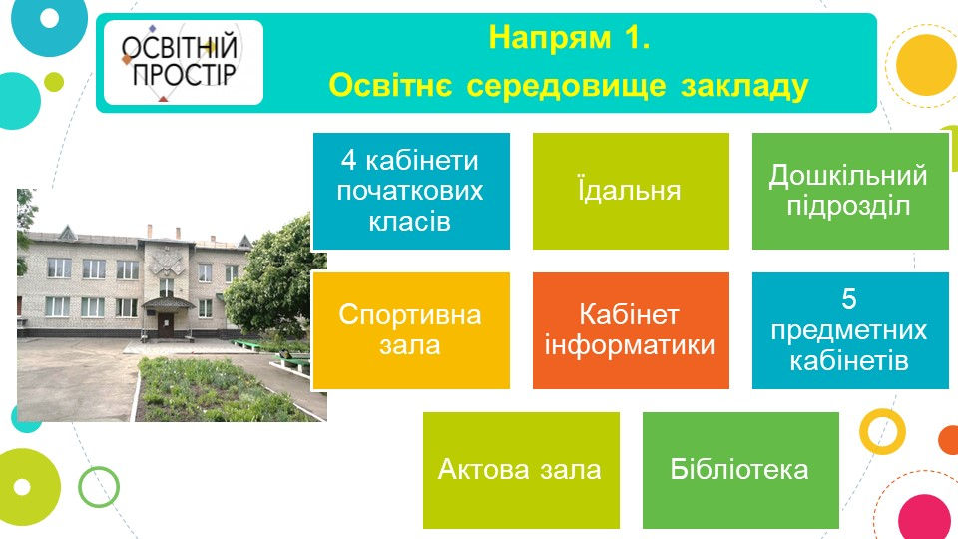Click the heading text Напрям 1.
569,38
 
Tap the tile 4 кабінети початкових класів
411,192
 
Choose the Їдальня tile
631,192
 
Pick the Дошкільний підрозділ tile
850,192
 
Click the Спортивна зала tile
411,330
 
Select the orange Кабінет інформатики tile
631,330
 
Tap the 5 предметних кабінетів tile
850,330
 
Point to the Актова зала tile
521,470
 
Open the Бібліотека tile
740,470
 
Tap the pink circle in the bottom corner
924,517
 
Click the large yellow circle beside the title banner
926,65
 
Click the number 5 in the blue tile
849,298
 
